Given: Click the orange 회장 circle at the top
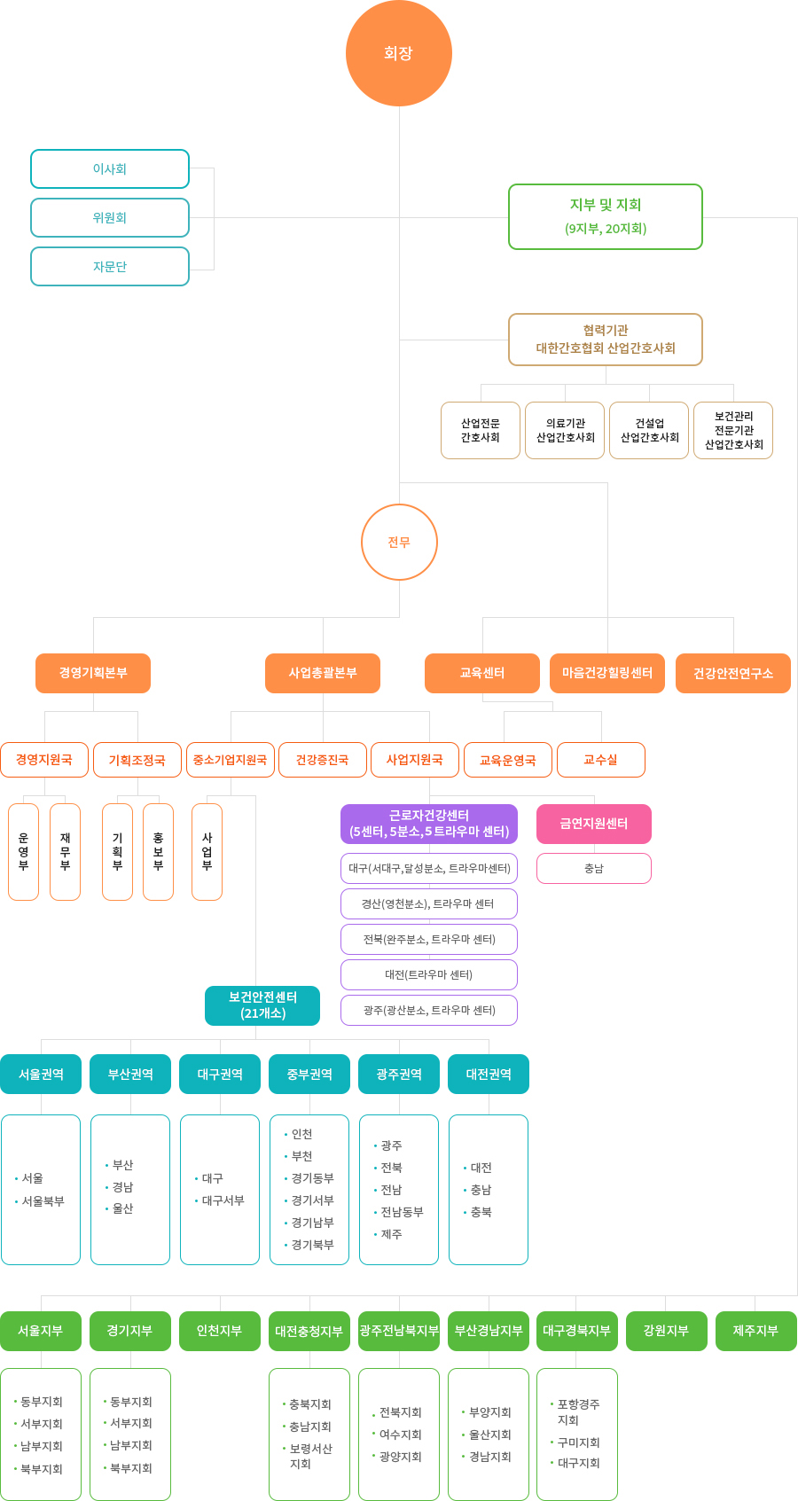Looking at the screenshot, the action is click(x=399, y=53).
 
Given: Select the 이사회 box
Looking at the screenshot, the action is click(x=110, y=168).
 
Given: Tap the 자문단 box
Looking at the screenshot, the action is click(x=110, y=267).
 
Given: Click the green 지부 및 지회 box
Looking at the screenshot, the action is click(x=606, y=216).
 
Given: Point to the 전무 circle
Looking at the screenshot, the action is click(x=399, y=542).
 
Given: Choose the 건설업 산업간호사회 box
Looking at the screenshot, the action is click(x=649, y=430).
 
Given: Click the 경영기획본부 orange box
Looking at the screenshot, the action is click(x=93, y=673).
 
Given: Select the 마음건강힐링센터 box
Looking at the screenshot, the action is click(x=607, y=673).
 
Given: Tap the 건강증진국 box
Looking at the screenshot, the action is click(x=322, y=760).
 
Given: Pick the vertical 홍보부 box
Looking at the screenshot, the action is click(x=158, y=852).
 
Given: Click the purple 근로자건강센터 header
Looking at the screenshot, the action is click(x=429, y=824).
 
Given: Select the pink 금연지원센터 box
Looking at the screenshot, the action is click(x=594, y=824).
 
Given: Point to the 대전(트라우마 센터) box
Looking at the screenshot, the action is click(x=429, y=974).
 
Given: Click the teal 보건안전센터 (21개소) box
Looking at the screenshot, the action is click(x=262, y=1005).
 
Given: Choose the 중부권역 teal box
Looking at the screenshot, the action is click(x=309, y=1075).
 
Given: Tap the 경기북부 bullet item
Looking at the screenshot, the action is click(x=309, y=1245).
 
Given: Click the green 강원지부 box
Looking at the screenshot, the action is click(x=666, y=1331).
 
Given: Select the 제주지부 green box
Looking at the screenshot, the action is click(x=755, y=1331).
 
